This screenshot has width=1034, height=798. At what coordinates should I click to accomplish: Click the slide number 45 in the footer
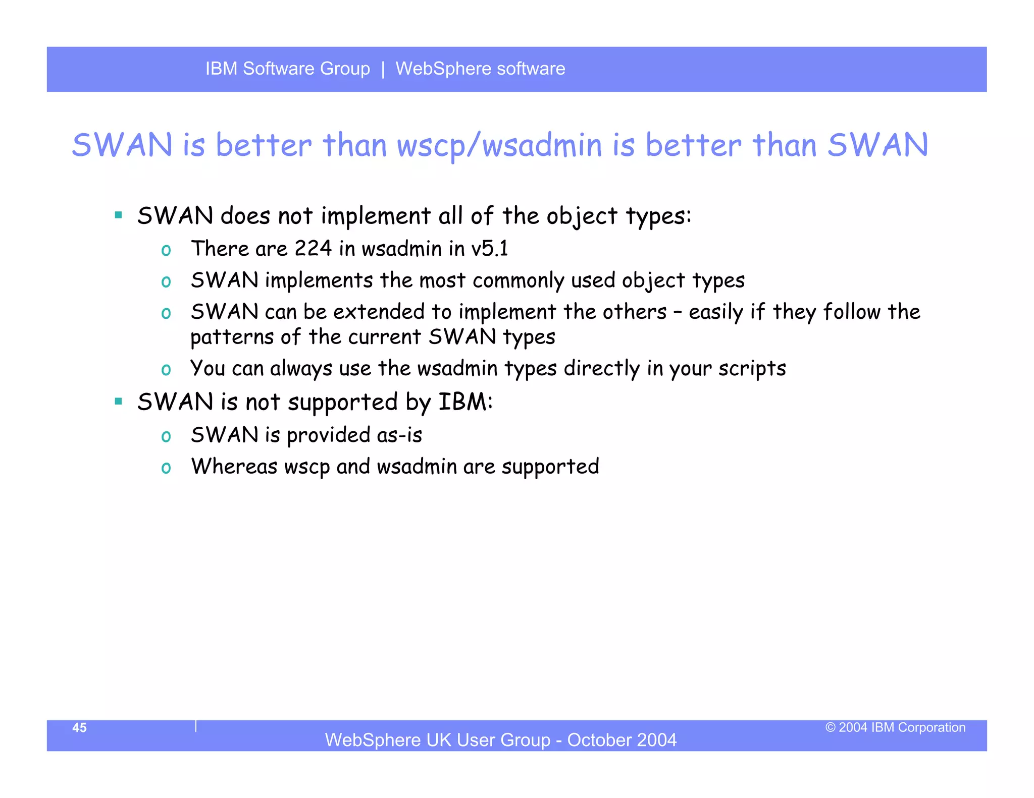79,727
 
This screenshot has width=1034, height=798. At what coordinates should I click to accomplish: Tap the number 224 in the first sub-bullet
313,249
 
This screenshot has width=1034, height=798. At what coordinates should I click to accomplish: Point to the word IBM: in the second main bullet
465,403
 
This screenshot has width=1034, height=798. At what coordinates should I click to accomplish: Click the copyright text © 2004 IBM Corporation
895,727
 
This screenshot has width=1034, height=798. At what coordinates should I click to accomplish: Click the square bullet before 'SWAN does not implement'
119,215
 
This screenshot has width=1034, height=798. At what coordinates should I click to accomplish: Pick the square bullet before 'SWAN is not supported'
119,402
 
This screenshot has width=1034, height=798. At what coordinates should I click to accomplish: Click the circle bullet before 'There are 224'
166,250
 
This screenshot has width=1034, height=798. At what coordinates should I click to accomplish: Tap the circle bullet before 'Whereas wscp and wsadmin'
166,468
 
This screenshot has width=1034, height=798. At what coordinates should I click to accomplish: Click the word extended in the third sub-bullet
379,312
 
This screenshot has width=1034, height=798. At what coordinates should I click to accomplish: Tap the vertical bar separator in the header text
383,69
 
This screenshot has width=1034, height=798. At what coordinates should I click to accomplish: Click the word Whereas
234,467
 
